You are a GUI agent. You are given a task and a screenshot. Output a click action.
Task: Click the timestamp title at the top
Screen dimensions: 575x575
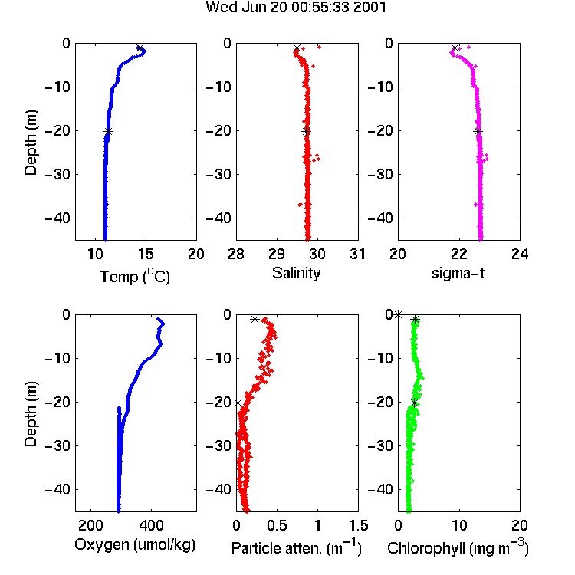296,7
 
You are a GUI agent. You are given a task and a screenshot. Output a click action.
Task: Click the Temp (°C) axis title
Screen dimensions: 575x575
135,276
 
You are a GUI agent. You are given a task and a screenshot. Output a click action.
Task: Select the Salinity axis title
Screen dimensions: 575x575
296,273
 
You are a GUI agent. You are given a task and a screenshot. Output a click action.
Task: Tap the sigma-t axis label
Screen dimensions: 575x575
458,273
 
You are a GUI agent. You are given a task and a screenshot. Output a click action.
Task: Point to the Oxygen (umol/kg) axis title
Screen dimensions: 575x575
135,545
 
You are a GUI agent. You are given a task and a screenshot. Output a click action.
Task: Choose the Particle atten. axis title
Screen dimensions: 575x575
296,547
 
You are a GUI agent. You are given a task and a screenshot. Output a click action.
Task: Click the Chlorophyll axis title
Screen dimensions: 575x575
458,547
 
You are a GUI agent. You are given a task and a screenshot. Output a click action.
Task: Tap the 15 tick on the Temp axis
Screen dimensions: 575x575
146,254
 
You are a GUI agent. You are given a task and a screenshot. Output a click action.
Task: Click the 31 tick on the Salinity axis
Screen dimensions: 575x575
357,254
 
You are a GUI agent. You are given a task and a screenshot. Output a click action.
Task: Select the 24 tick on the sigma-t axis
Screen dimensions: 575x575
520,254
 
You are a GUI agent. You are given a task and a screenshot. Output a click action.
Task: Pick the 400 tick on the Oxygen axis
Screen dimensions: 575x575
151,525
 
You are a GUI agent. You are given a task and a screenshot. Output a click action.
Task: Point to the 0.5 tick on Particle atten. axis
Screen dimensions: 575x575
277,525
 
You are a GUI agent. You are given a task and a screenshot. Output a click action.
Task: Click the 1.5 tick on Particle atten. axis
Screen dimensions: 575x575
358,525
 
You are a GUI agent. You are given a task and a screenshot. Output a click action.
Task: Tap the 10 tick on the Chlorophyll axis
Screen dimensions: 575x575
459,525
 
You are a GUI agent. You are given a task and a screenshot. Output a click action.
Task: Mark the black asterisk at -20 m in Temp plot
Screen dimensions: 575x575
108,132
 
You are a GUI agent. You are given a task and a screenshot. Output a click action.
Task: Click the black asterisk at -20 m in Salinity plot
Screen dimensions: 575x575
307,132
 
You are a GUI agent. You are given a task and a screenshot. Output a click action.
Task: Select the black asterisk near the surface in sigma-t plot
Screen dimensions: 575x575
455,48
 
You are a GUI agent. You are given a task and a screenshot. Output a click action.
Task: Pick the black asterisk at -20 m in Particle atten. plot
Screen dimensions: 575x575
238,403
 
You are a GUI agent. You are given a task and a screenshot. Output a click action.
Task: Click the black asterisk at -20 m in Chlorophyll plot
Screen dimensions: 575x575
414,403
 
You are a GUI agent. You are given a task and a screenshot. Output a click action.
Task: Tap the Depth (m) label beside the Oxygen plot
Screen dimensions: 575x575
31,414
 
